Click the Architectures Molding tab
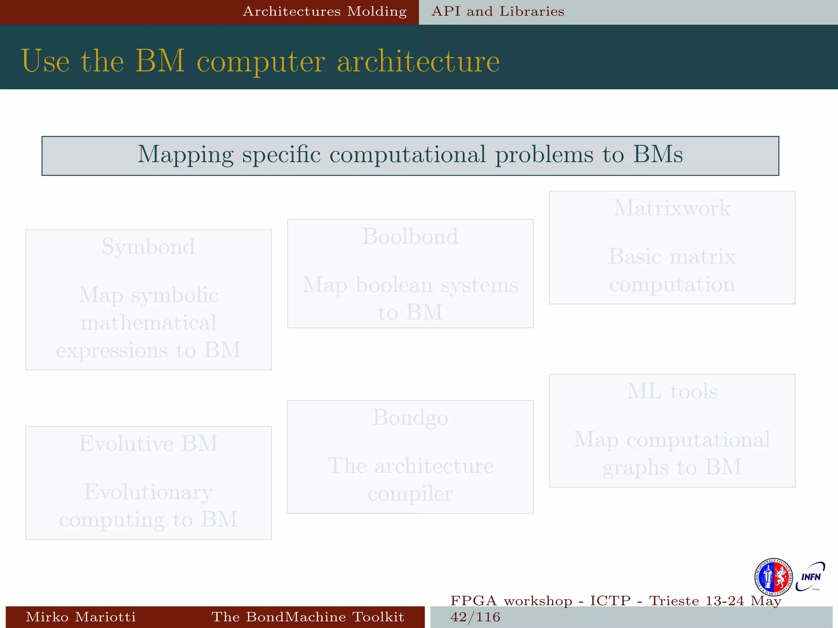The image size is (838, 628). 325,11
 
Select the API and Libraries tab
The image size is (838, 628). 498,11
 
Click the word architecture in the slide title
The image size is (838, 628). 418,61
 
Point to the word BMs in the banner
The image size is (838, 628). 658,155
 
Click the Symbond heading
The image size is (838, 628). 148,247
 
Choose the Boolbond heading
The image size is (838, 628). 410,237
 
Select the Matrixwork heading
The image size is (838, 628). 672,208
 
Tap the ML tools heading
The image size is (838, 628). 672,391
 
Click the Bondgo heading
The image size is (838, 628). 410,417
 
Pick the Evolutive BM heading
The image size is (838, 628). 148,444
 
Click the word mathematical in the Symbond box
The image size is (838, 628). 148,323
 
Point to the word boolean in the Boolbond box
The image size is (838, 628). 394,285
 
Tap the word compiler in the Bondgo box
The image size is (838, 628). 410,494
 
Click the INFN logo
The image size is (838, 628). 810,577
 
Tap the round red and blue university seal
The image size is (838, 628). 773,577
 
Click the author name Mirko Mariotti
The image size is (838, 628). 81,617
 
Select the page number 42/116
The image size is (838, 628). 475,617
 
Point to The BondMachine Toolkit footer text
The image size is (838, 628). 308,617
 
